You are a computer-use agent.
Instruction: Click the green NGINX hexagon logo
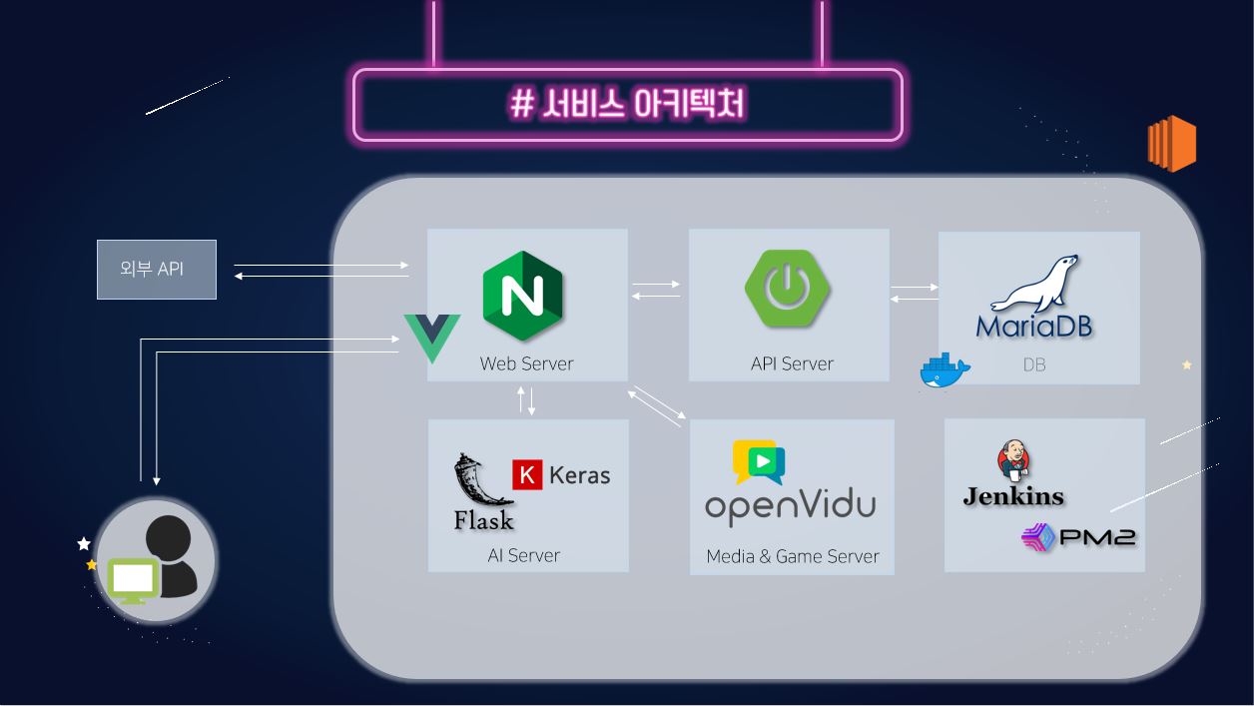522,297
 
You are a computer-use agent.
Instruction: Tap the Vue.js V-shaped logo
432,337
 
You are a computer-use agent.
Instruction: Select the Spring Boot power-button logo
788,288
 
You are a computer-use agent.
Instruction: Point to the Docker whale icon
943,371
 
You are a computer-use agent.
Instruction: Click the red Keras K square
527,474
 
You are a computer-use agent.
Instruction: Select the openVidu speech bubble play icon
758,462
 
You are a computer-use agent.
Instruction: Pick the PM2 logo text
1095,537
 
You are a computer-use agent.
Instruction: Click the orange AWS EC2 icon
1171,144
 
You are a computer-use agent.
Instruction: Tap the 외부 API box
157,270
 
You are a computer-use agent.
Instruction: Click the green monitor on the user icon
134,580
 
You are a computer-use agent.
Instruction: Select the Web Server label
526,363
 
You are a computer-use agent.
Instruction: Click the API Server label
792,363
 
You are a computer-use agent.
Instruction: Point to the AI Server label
523,555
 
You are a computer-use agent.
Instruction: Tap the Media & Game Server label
792,556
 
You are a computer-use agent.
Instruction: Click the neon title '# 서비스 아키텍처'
627,104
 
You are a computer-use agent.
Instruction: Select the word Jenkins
1013,496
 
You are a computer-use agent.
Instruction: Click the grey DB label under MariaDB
1034,364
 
